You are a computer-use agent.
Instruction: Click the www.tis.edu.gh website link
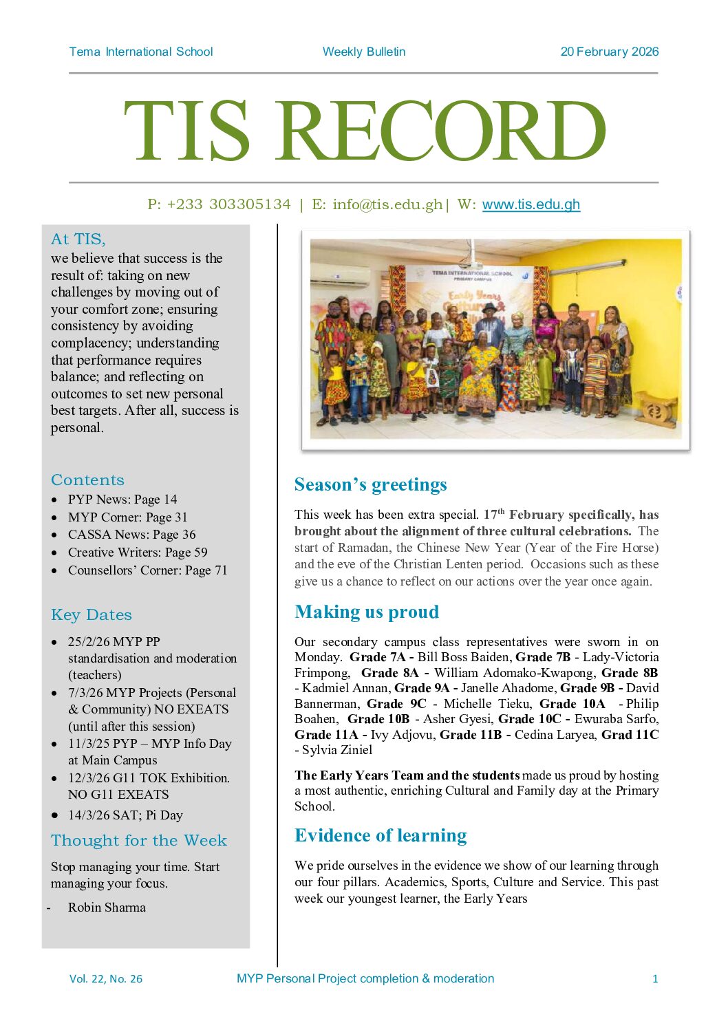point(531,204)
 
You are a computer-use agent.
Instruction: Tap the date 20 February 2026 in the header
point(609,52)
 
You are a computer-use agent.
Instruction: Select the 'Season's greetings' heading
point(370,484)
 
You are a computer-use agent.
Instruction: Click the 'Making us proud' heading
point(366,612)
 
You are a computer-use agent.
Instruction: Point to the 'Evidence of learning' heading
point(381,835)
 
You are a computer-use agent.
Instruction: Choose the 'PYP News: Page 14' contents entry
point(122,500)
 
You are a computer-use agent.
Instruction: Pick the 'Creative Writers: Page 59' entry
point(138,552)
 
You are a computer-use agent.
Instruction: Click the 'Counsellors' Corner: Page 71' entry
point(147,570)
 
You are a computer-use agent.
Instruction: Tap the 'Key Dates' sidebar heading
point(92,615)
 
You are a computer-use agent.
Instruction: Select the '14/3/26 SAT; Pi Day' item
point(125,815)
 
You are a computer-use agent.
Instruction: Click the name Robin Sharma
point(107,908)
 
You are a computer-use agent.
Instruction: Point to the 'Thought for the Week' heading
point(138,841)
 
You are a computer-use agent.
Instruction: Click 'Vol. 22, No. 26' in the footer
point(106,978)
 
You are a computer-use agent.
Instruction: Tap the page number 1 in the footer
point(655,978)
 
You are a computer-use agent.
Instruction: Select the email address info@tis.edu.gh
point(387,204)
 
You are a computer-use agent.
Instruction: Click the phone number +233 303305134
point(228,204)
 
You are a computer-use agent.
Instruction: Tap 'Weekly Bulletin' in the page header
point(364,52)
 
